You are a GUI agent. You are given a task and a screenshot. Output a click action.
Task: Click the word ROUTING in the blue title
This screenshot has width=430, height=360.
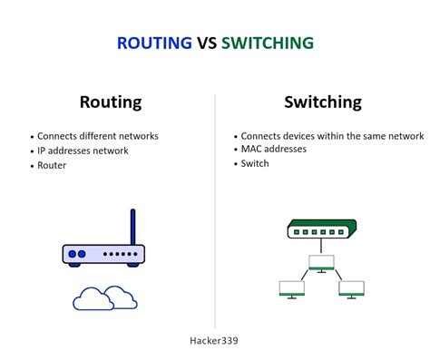coord(155,43)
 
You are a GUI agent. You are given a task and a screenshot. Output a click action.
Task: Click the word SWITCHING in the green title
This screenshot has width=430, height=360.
coord(269,43)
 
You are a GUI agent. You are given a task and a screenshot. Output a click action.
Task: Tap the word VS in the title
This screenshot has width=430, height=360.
coord(208,43)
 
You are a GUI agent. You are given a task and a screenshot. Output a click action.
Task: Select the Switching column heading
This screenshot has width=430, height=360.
coord(322,102)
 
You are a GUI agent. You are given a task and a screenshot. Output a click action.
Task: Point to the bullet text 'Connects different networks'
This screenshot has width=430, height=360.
coord(97,136)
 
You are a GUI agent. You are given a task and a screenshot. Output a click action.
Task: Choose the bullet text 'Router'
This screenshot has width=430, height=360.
coord(53,166)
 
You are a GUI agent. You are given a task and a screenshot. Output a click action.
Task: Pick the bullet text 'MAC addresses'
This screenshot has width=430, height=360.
coord(274,149)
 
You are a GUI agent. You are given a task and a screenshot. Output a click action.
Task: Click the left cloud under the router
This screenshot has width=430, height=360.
coord(90,298)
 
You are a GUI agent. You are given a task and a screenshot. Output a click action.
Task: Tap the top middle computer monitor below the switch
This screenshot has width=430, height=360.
coord(322,262)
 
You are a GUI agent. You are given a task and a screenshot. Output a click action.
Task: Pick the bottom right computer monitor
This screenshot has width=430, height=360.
coord(351,289)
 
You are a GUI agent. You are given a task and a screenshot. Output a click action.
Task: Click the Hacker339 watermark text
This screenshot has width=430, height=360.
coord(214,340)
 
